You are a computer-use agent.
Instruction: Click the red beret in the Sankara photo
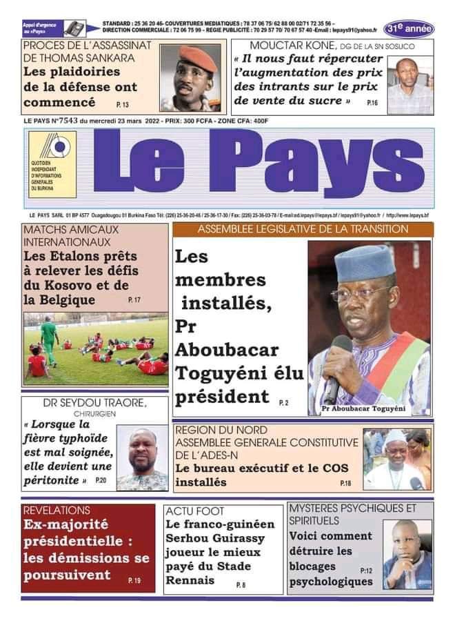point(194,55)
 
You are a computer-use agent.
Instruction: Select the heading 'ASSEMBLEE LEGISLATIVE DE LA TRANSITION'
point(303,229)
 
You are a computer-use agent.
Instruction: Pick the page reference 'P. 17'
point(134,300)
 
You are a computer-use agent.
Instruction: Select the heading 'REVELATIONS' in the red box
point(57,511)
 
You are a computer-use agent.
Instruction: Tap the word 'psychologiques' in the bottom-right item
point(332,582)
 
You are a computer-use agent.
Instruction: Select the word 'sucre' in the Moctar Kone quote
point(323,101)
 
